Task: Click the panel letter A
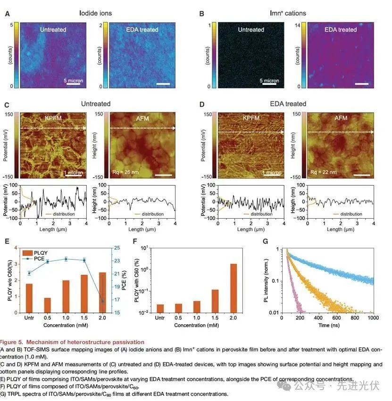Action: click(7, 13)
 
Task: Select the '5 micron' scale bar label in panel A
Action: click(73, 81)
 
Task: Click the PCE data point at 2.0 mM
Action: click(103, 301)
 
